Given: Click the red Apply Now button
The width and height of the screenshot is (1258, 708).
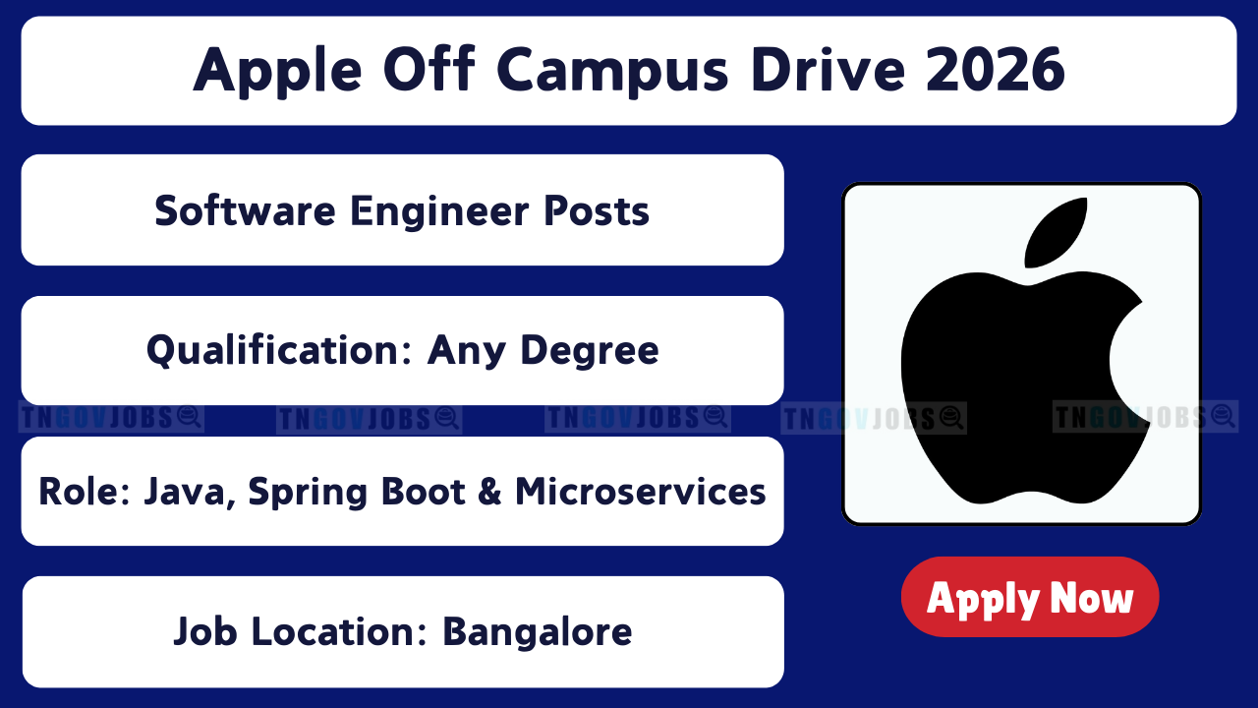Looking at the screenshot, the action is pyautogui.click(x=1030, y=597).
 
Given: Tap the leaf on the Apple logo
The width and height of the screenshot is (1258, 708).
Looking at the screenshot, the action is pyautogui.click(x=1055, y=232).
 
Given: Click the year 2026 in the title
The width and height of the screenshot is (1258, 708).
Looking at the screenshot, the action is pyautogui.click(x=996, y=70).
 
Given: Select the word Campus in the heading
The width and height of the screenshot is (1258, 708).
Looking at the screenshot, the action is pyautogui.click(x=612, y=72).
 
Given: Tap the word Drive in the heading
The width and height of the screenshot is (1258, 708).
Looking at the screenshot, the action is pyautogui.click(x=828, y=70).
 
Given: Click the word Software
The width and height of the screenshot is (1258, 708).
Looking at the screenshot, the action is pyautogui.click(x=246, y=210).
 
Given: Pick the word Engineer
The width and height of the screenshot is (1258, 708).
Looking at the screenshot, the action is pyautogui.click(x=439, y=212).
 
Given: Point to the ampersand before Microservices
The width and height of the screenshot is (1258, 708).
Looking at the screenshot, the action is pyautogui.click(x=489, y=491).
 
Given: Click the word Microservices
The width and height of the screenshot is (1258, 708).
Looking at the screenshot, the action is pyautogui.click(x=640, y=491).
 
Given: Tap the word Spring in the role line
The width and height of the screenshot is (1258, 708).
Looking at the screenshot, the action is pyautogui.click(x=308, y=493).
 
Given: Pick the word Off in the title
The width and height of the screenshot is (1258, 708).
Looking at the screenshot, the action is pyautogui.click(x=429, y=69).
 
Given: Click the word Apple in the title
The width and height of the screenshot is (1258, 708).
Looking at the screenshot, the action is pyautogui.click(x=277, y=72).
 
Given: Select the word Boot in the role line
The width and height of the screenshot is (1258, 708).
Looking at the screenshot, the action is pyautogui.click(x=424, y=491).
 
